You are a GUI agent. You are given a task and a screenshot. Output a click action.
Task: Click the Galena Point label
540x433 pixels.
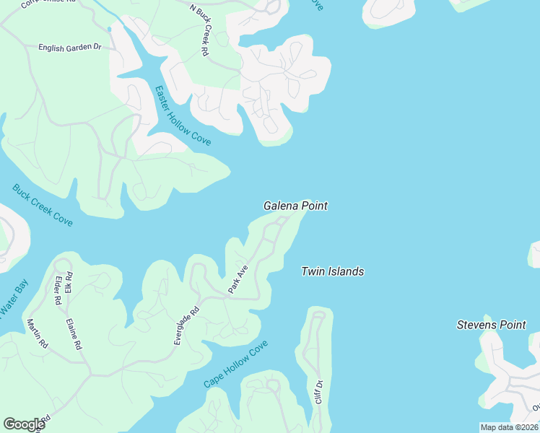coord(295,206)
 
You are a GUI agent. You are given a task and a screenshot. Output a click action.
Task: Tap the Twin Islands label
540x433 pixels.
coord(332,271)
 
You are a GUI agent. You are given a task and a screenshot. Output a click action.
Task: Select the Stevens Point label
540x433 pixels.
coord(491,325)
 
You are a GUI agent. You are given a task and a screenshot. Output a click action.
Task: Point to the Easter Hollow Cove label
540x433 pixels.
coord(183,115)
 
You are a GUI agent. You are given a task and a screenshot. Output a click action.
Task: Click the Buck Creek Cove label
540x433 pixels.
coord(43,205)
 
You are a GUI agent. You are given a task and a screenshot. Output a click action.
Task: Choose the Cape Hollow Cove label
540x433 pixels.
coord(235,364)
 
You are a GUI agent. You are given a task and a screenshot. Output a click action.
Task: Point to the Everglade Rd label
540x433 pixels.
coord(186,327)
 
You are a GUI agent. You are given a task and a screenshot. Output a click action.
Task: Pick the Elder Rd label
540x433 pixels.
coord(58,291)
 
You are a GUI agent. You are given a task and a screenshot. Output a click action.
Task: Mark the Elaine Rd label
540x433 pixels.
coord(73,335)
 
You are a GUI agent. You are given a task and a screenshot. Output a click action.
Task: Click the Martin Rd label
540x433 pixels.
coord(37,334)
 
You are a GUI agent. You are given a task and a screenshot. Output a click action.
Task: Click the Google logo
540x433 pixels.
coord(24,424)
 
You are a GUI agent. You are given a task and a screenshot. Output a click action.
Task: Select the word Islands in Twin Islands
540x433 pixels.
coord(346,271)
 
